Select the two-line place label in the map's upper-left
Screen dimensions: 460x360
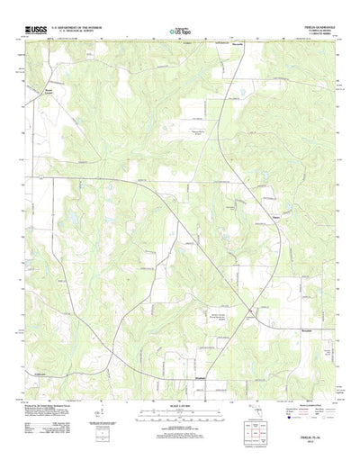(x=39, y=92)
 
